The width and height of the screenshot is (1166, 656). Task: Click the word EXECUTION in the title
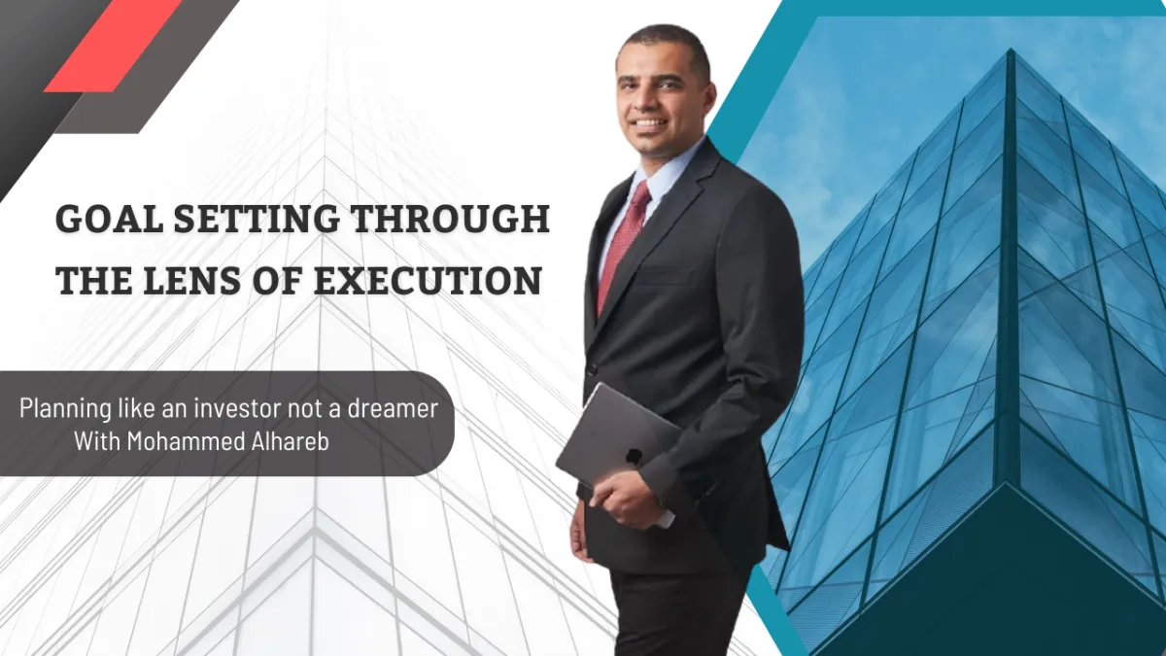point(427,281)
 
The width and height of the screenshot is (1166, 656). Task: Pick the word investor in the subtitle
point(246,408)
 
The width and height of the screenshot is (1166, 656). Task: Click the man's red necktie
point(624,243)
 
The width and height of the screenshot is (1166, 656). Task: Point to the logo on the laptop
point(634,455)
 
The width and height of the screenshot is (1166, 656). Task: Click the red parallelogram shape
point(113,45)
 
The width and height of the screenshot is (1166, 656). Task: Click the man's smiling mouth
point(650,124)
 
